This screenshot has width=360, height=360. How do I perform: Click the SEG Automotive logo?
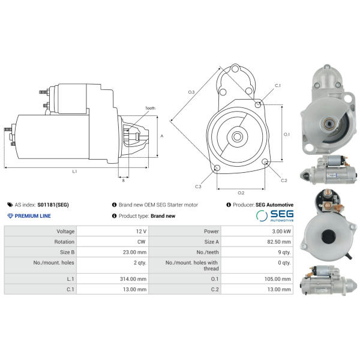click(x=275, y=216)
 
